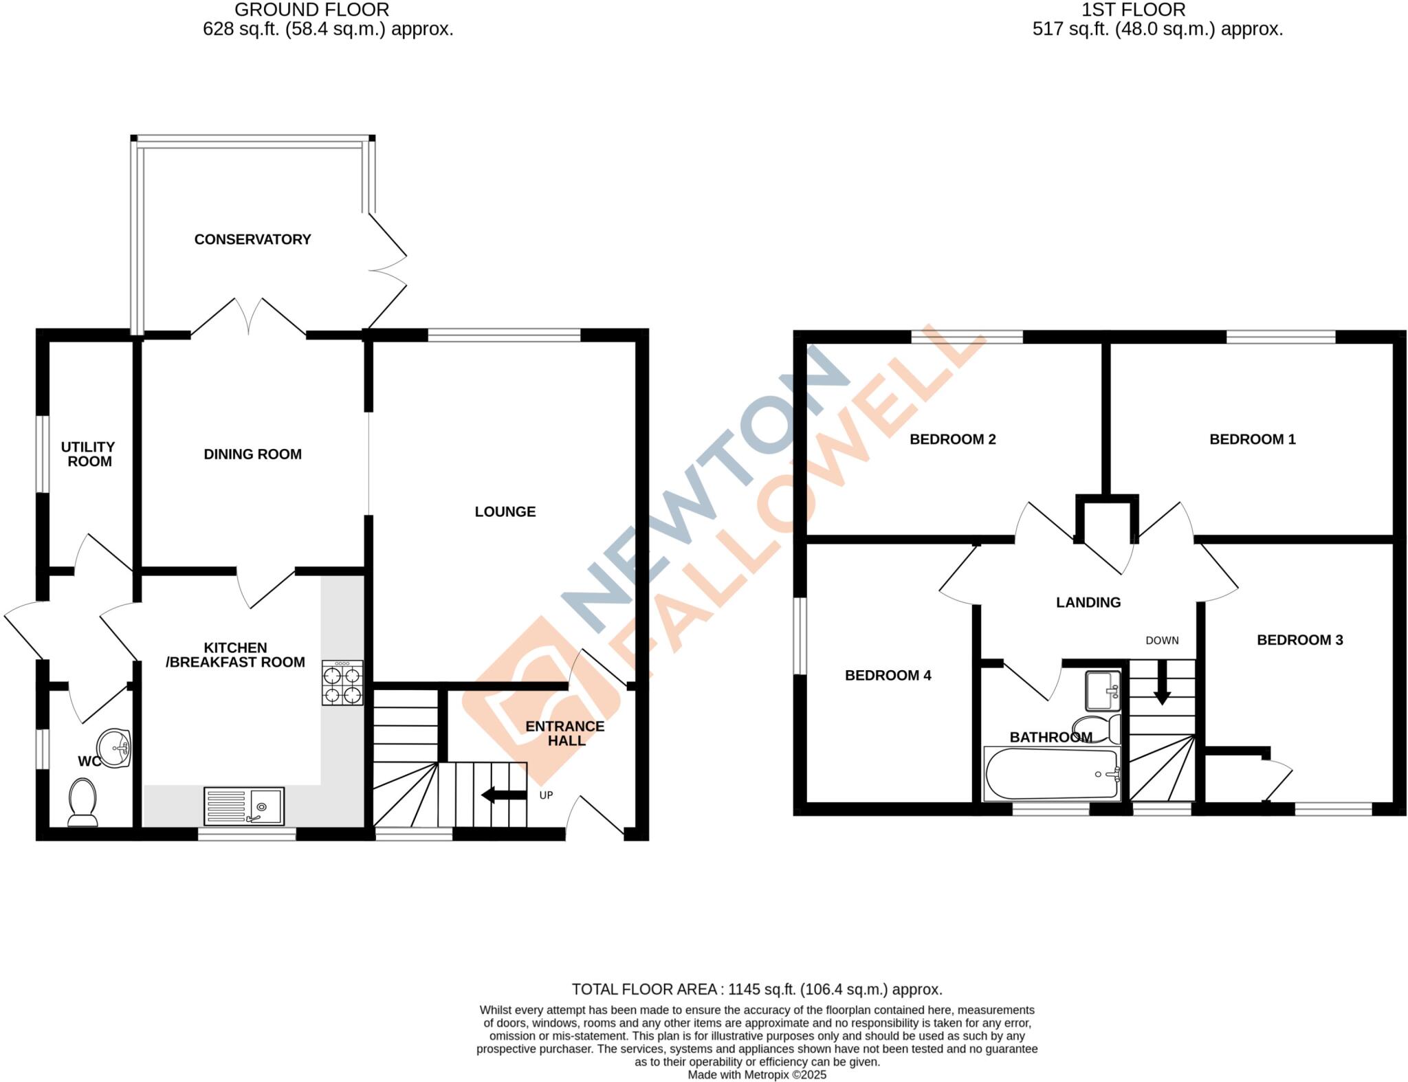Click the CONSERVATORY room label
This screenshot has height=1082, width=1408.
click(x=252, y=239)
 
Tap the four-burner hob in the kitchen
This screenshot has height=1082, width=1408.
click(x=342, y=683)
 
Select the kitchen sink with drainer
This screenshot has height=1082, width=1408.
click(x=244, y=806)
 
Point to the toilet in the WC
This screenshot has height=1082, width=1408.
click(x=83, y=802)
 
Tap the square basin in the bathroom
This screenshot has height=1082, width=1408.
click(x=1103, y=690)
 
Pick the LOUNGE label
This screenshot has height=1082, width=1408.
click(x=505, y=511)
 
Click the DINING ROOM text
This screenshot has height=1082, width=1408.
click(x=252, y=454)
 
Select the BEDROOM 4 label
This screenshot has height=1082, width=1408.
click(x=888, y=675)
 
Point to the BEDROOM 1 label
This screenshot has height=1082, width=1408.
click(x=1252, y=439)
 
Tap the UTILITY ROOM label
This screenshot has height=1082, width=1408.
click(x=89, y=454)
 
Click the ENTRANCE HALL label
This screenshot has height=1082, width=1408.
click(x=565, y=733)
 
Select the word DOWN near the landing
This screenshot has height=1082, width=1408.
click(x=1162, y=641)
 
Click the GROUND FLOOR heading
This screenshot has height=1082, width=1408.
click(x=311, y=10)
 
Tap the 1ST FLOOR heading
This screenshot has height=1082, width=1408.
click(x=1133, y=10)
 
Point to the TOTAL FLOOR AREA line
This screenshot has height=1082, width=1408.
click(x=757, y=989)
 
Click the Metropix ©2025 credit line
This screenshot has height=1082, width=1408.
click(x=757, y=1074)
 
